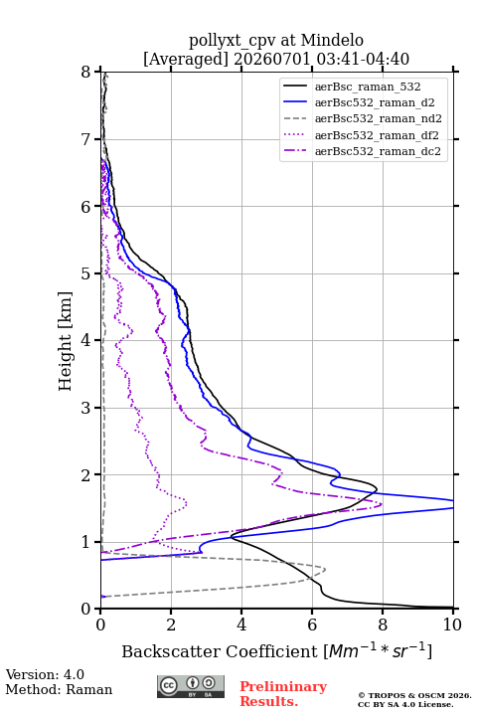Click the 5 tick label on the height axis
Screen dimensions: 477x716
pyautogui.click(x=86, y=273)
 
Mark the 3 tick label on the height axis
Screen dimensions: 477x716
pyautogui.click(x=86, y=408)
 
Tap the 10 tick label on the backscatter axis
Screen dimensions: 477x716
pyautogui.click(x=452, y=625)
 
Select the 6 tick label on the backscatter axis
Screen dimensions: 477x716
pyautogui.click(x=312, y=625)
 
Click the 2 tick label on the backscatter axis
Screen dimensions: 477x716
pyautogui.click(x=171, y=625)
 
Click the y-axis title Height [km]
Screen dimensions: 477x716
pyautogui.click(x=66, y=341)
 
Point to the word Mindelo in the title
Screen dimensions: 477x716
pyautogui.click(x=332, y=40)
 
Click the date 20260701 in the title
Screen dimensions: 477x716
pyautogui.click(x=272, y=59)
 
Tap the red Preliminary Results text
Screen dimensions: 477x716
pyautogui.click(x=283, y=693)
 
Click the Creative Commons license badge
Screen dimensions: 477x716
pyautogui.click(x=191, y=686)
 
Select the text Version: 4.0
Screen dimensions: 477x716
pyautogui.click(x=45, y=674)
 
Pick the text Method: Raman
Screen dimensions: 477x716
pyautogui.click(x=59, y=689)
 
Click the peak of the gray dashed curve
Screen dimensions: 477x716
pyautogui.click(x=325, y=570)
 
